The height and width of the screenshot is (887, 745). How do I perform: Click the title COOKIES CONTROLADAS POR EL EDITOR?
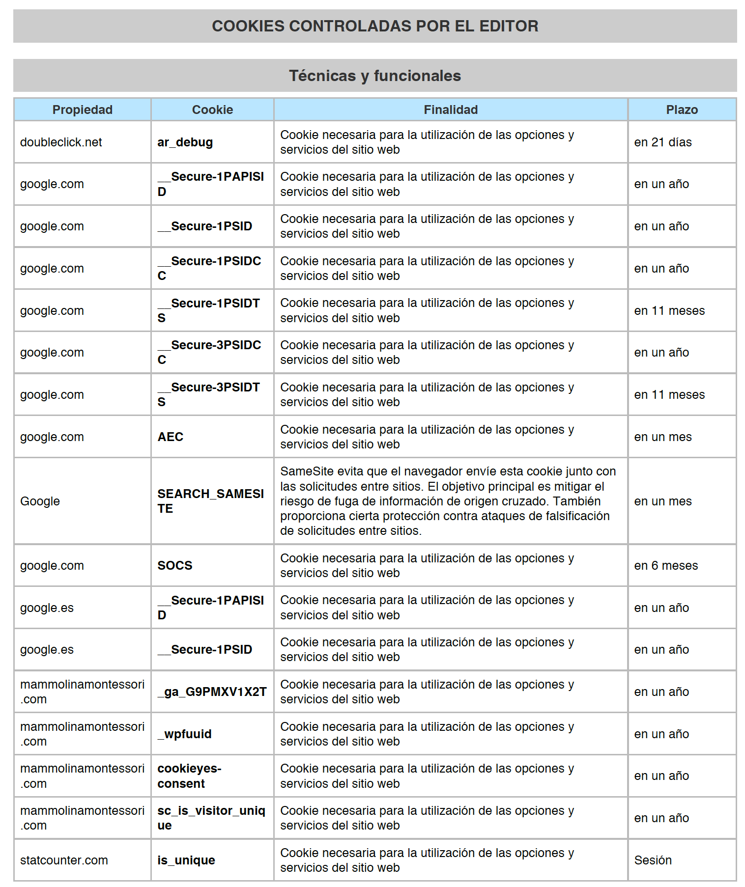(374, 26)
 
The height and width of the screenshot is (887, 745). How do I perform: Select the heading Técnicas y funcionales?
(374, 76)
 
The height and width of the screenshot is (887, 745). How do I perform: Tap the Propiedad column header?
(82, 110)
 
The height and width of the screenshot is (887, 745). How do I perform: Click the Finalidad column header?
(450, 110)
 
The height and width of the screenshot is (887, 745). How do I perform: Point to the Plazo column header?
(681, 110)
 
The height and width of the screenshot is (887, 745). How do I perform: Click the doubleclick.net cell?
(61, 142)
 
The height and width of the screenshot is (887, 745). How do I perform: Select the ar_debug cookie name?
(185, 142)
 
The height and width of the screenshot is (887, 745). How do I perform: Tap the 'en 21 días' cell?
(662, 142)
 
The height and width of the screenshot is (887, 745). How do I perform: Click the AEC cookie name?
(170, 437)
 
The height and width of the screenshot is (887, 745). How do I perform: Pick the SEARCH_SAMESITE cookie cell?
(210, 501)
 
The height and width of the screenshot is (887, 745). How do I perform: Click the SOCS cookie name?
(174, 566)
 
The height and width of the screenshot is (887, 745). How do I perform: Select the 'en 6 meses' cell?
(665, 566)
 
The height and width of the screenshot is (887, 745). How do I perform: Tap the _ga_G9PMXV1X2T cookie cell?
(212, 692)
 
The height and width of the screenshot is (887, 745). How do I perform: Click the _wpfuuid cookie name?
(184, 734)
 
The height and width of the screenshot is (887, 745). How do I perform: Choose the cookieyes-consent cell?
(189, 776)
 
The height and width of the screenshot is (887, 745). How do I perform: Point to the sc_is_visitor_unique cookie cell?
(211, 818)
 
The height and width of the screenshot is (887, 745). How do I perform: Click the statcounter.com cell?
(64, 860)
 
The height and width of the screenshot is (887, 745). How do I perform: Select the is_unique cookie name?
(186, 860)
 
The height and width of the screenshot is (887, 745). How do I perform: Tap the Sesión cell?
(653, 860)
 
